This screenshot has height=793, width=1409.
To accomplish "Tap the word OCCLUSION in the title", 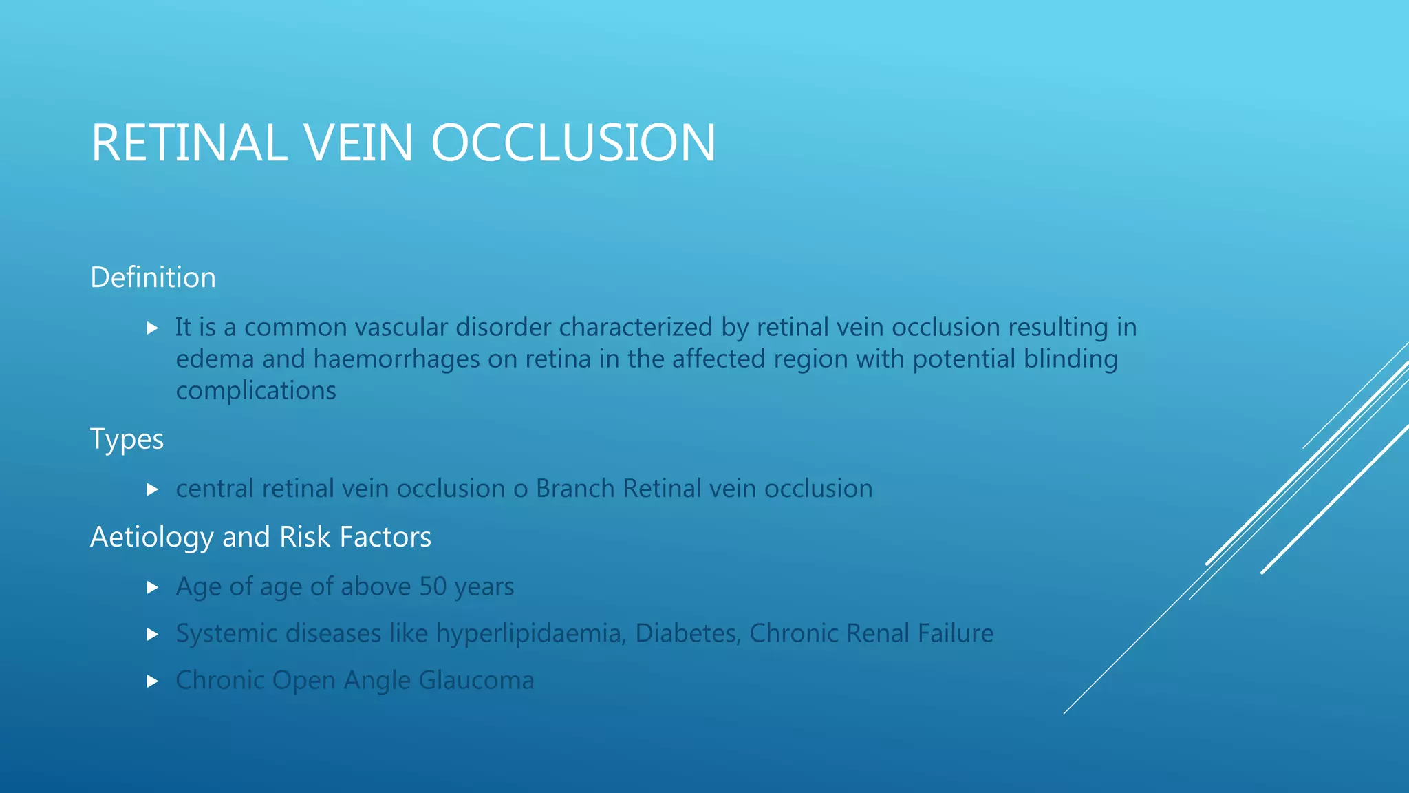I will pos(573,143).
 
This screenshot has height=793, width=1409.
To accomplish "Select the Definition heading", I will pos(153,277).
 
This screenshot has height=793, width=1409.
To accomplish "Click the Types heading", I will pos(127,439).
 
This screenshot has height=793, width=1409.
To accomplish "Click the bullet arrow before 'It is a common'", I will pos(153,328).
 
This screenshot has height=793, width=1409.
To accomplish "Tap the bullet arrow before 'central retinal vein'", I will pos(153,489).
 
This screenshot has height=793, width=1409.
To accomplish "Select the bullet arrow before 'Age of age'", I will pos(153,587).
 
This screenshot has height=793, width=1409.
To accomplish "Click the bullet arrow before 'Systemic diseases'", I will pos(153,634).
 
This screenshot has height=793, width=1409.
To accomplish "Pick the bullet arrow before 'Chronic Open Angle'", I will pos(153,681).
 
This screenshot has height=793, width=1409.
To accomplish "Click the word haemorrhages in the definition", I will pos(396,359).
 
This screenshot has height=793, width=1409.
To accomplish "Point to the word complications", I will pos(256,391).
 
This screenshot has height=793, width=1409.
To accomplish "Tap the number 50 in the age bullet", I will pos(433,586).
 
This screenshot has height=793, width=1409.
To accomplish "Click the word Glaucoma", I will pos(476,680).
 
